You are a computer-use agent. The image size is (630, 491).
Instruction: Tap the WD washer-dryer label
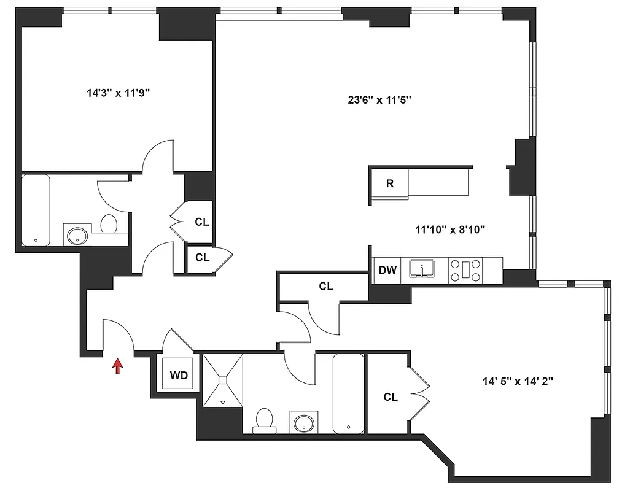point(178,374)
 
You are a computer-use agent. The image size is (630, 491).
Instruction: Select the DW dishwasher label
point(387,269)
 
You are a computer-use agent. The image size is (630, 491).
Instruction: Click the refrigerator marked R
point(389,184)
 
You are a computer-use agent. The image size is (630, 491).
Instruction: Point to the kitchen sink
point(422,269)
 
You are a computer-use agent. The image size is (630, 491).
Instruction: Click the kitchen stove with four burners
point(466,269)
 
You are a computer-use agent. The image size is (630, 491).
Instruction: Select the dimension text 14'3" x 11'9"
point(119,93)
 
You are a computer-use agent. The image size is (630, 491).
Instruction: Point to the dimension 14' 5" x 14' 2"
point(518,381)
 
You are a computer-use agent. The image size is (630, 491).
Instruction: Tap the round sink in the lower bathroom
point(304,423)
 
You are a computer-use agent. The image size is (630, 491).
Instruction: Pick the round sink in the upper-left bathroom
point(78,235)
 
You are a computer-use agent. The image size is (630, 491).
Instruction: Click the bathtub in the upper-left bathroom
point(36,211)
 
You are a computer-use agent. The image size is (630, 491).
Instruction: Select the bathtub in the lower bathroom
point(348,393)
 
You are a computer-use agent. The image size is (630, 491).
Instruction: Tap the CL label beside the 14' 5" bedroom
point(391,397)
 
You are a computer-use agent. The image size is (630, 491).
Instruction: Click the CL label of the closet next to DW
point(325,286)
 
